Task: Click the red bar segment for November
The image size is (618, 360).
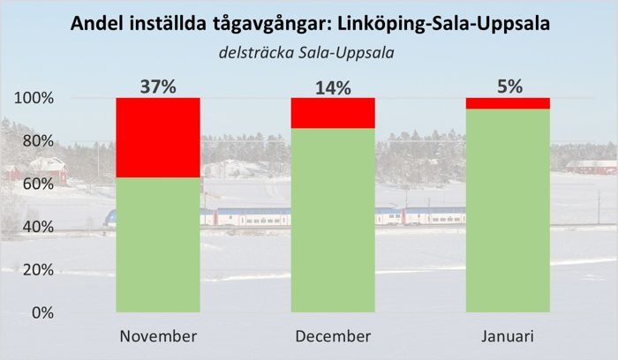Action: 158,138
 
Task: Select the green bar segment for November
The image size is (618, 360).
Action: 158,244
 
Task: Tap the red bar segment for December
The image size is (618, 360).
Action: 333,113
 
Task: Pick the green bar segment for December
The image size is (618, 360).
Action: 333,220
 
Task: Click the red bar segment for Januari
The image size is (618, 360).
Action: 508,103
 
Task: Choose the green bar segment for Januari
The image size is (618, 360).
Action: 508,210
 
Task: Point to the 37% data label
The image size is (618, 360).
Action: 158,86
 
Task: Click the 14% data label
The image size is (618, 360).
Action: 333,87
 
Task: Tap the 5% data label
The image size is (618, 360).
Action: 509,86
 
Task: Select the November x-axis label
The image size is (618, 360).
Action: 158,337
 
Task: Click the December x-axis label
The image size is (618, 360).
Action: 333,337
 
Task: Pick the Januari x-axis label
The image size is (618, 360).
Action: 508,337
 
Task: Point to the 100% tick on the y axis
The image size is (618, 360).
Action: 36,98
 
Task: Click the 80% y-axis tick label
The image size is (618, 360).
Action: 40,141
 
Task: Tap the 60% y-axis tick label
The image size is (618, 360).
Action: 40,184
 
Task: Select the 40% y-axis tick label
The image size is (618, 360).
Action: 40,227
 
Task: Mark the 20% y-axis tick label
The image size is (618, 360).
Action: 40,270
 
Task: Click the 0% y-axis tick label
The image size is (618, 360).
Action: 44,313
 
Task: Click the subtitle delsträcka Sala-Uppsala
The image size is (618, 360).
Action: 306,53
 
